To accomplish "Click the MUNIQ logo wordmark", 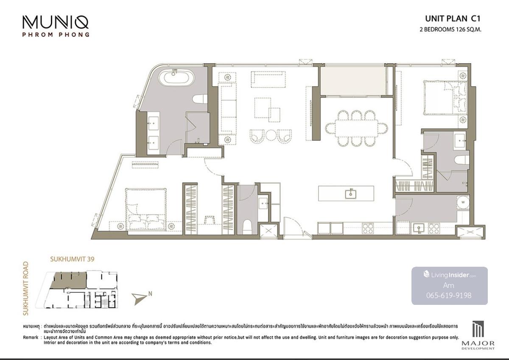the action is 56,22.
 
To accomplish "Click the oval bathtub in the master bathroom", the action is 176,78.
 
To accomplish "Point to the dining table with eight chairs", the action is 357,128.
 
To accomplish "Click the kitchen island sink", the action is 350,194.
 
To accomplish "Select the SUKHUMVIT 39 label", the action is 72,259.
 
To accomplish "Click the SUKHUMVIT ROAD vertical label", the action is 26,288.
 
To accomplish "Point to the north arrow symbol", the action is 140,298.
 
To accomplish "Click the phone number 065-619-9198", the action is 449,295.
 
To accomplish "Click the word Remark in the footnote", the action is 31,337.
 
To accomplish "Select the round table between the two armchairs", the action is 271,135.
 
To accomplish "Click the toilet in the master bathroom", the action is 200,99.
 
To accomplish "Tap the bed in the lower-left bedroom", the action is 146,209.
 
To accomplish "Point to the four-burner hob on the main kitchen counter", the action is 367,228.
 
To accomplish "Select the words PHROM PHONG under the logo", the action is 56,35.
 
